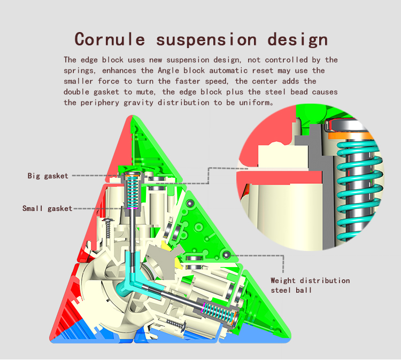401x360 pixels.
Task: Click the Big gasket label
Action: tap(48, 176)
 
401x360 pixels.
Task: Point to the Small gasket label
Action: tap(47, 208)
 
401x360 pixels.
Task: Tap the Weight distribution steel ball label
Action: tap(310, 285)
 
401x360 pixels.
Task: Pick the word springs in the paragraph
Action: tap(80, 71)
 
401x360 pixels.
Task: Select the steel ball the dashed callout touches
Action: tap(227, 255)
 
